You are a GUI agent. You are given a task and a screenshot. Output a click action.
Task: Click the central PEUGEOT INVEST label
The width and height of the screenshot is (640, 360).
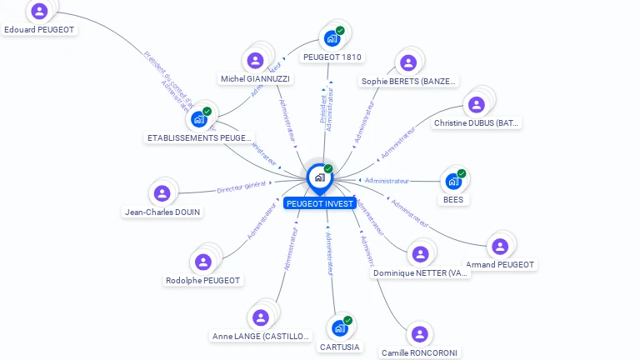pyautogui.click(x=320, y=203)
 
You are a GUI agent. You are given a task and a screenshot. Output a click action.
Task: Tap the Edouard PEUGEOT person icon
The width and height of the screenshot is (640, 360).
pyautogui.click(x=38, y=12)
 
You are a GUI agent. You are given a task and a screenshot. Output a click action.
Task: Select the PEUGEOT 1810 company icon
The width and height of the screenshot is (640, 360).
pyautogui.click(x=331, y=38)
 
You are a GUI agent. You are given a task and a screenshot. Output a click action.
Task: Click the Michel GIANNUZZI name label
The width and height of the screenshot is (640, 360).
pyautogui.click(x=255, y=78)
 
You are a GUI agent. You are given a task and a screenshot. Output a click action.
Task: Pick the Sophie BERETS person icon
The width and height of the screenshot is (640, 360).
pyautogui.click(x=407, y=62)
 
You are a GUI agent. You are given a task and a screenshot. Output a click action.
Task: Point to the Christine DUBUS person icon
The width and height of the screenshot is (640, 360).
pyautogui.click(x=476, y=104)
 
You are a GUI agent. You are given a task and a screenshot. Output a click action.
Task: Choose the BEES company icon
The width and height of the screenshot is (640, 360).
pyautogui.click(x=452, y=181)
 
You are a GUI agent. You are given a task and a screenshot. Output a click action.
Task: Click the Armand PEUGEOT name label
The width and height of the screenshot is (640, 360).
pyautogui.click(x=500, y=265)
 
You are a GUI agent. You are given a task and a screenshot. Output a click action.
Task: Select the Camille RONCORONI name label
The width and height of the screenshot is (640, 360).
pyautogui.click(x=418, y=352)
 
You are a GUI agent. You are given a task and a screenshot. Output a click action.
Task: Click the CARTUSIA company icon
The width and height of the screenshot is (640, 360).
pyautogui.click(x=339, y=327)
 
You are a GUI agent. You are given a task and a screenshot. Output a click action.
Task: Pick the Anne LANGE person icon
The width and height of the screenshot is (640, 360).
pyautogui.click(x=260, y=317)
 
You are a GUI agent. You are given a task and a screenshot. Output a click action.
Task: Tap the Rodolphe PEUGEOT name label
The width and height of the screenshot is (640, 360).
pyautogui.click(x=203, y=281)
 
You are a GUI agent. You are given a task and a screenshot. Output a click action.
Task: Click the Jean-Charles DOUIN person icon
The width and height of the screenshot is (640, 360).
pyautogui.click(x=162, y=193)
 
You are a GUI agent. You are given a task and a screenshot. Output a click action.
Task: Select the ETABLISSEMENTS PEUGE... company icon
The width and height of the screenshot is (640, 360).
pyautogui.click(x=198, y=119)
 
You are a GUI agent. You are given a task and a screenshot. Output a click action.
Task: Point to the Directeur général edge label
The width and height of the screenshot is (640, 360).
pyautogui.click(x=242, y=188)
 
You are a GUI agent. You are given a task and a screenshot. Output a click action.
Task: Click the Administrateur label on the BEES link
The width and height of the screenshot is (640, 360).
pyautogui.click(x=387, y=181)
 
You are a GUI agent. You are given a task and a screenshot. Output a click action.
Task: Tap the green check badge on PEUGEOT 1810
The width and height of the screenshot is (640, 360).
pyautogui.click(x=340, y=31)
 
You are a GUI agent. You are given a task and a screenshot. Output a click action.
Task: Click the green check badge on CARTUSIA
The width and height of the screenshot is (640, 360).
pyautogui.click(x=348, y=320)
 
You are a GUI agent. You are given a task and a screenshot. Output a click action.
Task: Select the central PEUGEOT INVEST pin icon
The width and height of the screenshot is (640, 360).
pyautogui.click(x=319, y=177)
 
